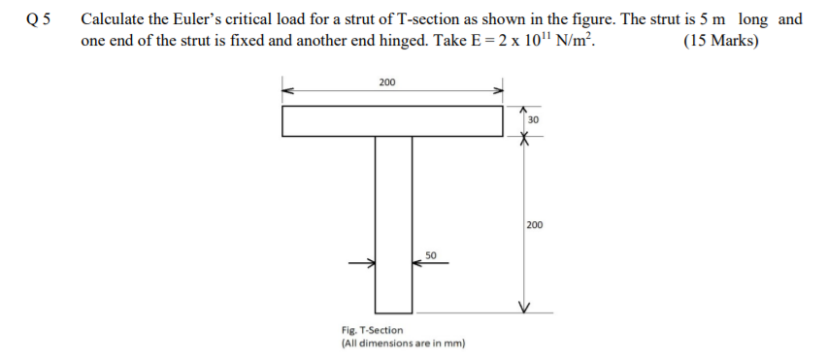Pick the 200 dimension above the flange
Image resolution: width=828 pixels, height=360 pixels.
386,82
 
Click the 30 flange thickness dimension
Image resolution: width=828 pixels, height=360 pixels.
533,120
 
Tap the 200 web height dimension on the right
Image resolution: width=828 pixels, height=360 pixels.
535,224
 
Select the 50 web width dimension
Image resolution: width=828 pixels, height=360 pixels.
431,254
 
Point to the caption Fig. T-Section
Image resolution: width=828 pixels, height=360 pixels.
372,331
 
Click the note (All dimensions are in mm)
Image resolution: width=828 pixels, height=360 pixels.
403,344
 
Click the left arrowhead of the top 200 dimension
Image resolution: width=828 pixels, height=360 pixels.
287,91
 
